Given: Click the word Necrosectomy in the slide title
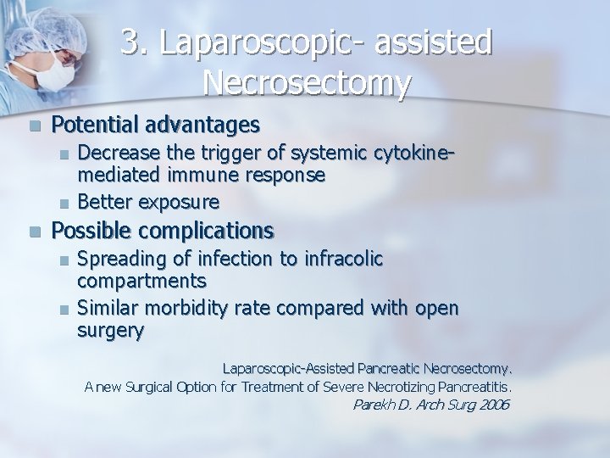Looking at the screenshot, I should tap(308, 83).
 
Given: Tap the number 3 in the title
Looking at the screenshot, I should tap(130, 42).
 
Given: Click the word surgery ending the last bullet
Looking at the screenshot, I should tap(110, 331).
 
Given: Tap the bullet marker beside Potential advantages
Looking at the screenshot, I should tap(33, 126).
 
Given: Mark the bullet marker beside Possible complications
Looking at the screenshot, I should tap(33, 231).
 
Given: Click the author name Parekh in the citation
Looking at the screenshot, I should tap(373, 405).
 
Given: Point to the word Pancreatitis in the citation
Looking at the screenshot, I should tap(475, 387).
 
